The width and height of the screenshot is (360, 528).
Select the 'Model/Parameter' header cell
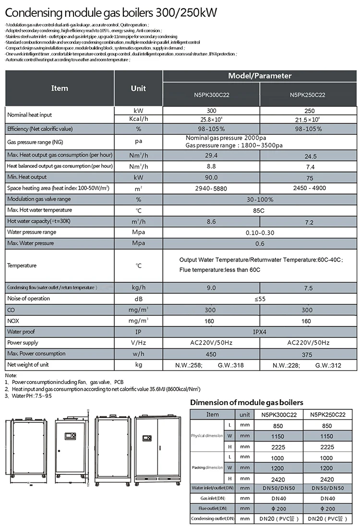pos(260,76)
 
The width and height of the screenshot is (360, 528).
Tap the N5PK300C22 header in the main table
pos(211,95)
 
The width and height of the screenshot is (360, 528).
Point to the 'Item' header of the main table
pos(60,88)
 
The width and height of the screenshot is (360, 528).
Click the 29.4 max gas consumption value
pos(211,156)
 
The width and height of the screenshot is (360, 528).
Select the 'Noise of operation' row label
pos(28,299)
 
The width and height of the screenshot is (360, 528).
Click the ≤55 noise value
pos(260,299)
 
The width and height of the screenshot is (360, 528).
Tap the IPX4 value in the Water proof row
pos(260,332)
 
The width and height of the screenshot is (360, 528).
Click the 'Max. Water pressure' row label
pos(30,243)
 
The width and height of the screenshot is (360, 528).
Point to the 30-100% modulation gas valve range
pos(260,199)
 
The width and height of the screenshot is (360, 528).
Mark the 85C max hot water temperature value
pos(260,210)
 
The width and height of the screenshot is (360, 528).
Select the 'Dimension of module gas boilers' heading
pos(247,402)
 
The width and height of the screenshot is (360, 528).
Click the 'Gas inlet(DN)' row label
pos(213,498)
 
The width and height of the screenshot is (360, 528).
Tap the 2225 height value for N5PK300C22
pos(278,446)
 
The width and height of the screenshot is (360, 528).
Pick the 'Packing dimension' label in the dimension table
pos(207,467)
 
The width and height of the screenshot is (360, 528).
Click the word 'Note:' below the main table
pos(11,375)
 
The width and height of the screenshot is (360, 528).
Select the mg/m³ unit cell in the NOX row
pos(139,320)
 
